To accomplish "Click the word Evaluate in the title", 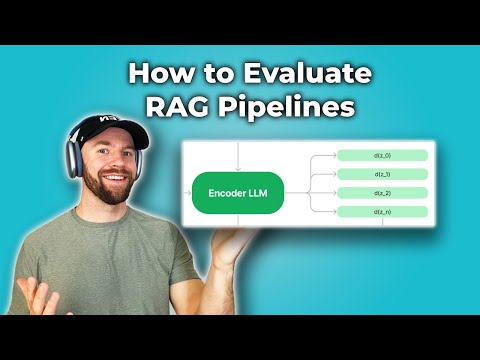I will click(x=309, y=73).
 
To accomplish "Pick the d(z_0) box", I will click(x=383, y=155).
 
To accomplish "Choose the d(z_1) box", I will click(x=383, y=174).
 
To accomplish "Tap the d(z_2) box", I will click(x=383, y=192).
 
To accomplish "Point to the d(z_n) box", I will click(x=383, y=211).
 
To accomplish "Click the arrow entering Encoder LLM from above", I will click(x=238, y=155).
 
